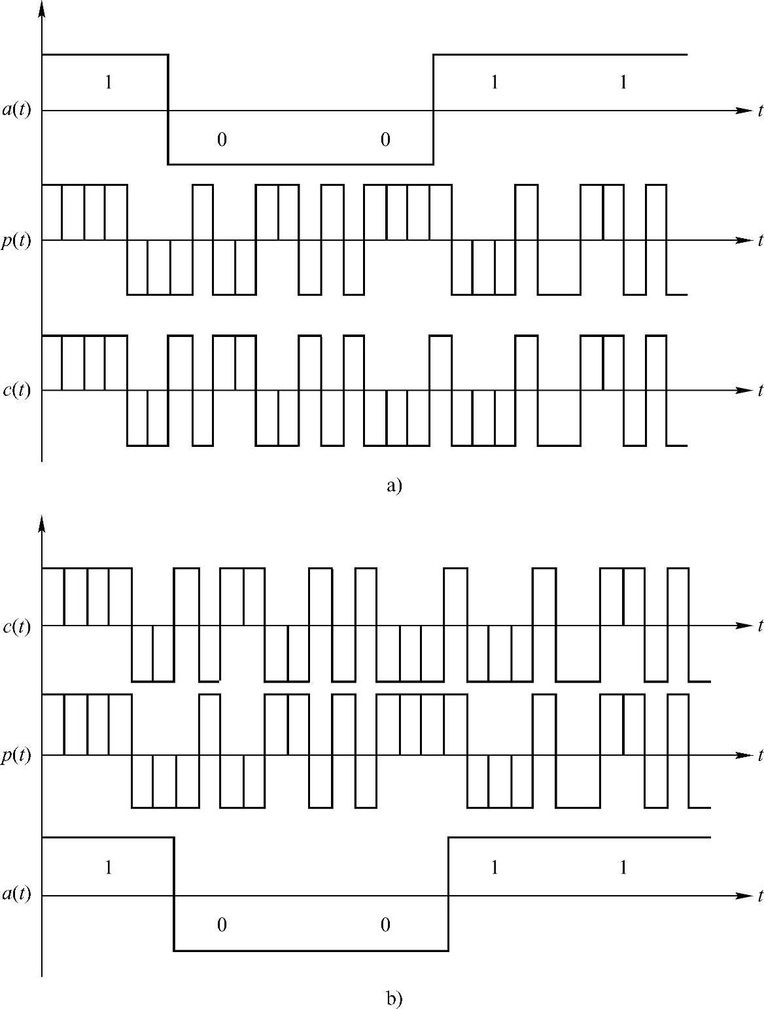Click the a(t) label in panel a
(16, 111)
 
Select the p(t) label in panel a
(16, 241)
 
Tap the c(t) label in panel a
(16, 391)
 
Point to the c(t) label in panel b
(16, 626)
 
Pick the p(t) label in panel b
(16, 756)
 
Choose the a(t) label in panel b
(16, 895)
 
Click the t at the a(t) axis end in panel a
(760, 111)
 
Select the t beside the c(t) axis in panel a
(760, 391)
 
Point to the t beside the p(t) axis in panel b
(760, 756)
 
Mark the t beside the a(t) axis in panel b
(760, 896)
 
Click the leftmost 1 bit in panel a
(109, 82)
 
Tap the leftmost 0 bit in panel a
(222, 139)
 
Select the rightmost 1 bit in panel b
(623, 868)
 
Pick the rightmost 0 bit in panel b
(385, 925)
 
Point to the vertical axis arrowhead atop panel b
(42, 523)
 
